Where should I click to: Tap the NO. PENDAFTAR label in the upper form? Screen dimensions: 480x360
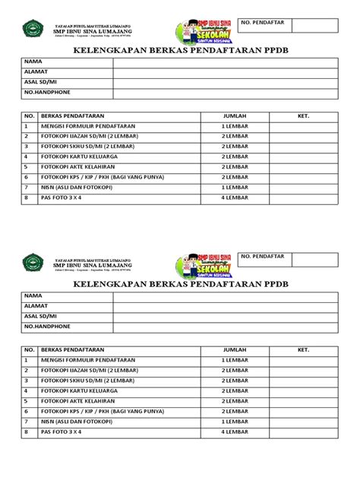pos(263,24)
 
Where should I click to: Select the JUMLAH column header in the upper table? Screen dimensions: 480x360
pos(235,115)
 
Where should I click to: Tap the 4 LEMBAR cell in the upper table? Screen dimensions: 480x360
pos(235,197)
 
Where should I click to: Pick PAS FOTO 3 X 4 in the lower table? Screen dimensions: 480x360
pos(61,431)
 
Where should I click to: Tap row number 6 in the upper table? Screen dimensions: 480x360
pos(26,176)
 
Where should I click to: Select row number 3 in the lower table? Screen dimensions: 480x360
pos(26,380)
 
